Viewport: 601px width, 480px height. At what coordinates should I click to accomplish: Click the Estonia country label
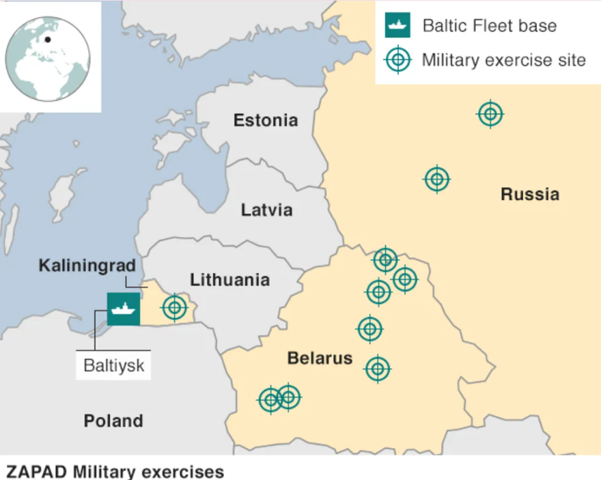(x=266, y=121)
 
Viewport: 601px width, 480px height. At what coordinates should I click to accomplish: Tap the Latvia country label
(x=266, y=210)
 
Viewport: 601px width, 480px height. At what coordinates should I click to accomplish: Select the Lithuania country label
(x=229, y=280)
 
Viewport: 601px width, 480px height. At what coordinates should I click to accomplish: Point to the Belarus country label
(x=320, y=358)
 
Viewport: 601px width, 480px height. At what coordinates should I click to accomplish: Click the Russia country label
(x=530, y=195)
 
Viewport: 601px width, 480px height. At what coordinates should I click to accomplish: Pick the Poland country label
(x=113, y=421)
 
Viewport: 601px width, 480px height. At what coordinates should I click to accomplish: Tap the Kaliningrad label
(x=87, y=265)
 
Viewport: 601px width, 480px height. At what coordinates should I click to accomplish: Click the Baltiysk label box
(x=114, y=365)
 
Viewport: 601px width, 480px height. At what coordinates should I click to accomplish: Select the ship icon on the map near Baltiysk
(x=124, y=309)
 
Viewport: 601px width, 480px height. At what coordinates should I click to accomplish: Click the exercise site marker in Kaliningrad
(x=175, y=308)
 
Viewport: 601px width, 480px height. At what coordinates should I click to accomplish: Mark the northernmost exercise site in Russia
(x=490, y=114)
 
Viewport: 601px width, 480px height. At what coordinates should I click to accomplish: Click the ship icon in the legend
(x=397, y=26)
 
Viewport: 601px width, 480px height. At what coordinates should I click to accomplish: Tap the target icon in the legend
(x=398, y=60)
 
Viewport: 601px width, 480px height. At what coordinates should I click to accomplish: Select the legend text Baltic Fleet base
(x=490, y=27)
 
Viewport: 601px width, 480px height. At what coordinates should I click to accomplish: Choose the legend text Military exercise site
(x=503, y=60)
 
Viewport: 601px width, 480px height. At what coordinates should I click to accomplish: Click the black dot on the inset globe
(x=47, y=40)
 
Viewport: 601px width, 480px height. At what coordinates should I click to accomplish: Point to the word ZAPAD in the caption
(x=34, y=472)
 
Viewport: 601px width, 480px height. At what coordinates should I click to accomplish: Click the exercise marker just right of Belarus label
(x=377, y=369)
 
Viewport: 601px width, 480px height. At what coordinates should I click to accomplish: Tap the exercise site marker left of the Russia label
(x=437, y=180)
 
